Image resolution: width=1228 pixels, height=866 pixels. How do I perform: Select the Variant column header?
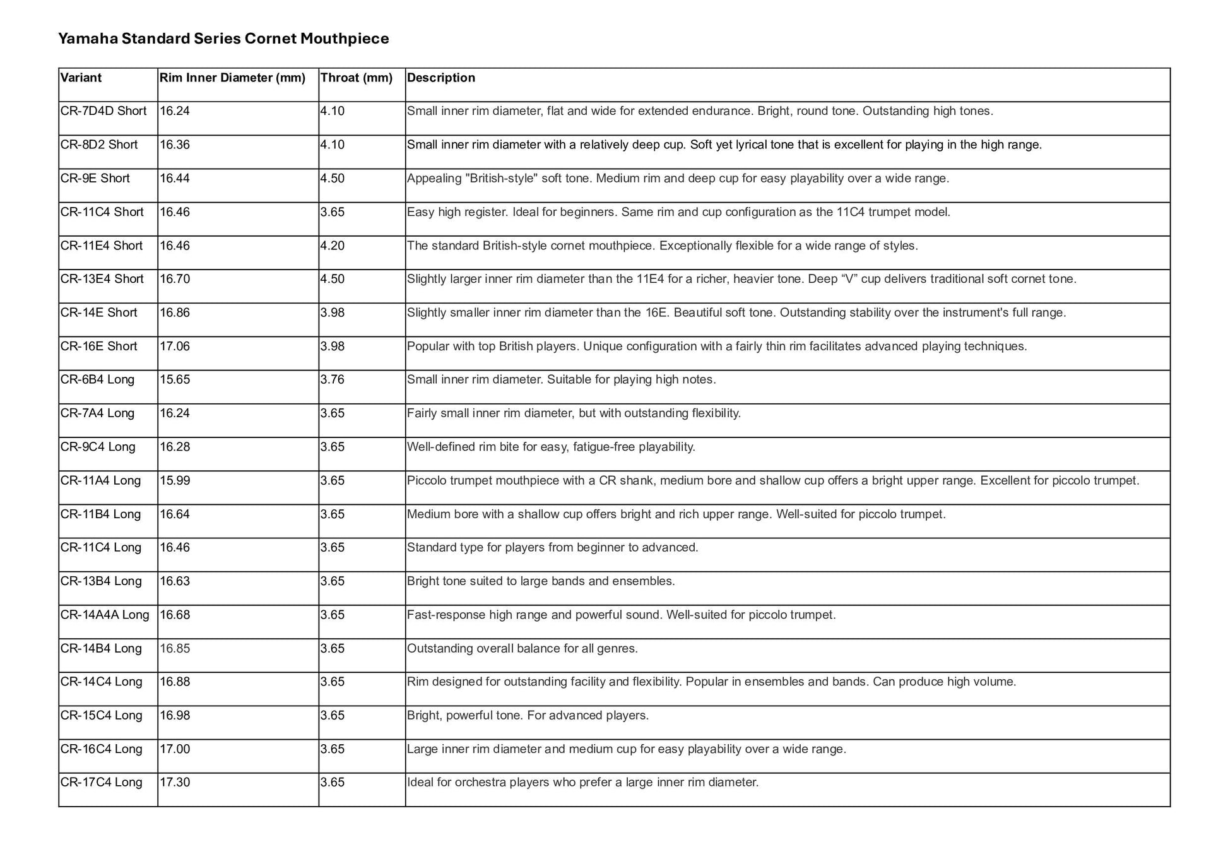point(81,78)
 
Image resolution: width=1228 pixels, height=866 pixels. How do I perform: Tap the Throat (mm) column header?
point(356,78)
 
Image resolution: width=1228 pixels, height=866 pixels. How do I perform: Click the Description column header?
point(440,78)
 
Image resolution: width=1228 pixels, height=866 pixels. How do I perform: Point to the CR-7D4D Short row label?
point(103,111)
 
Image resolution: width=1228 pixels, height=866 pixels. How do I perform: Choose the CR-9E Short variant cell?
point(95,179)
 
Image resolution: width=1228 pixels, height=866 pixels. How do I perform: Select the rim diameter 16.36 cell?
point(175,145)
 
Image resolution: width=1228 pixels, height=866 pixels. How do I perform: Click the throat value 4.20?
point(333,246)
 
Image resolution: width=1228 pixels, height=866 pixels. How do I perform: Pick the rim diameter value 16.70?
point(175,279)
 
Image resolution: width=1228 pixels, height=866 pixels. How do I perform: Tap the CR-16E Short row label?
point(99,347)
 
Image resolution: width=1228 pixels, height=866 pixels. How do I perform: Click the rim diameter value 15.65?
point(175,380)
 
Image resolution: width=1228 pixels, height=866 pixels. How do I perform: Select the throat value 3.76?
point(333,380)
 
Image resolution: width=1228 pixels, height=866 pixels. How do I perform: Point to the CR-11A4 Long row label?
point(101,481)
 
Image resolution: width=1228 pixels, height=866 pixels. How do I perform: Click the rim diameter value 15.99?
point(175,481)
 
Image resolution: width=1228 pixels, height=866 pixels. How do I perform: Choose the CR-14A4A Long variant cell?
point(105,615)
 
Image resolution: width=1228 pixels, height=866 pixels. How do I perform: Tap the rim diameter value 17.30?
point(175,783)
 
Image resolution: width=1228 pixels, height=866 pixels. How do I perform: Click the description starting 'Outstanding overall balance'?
point(522,649)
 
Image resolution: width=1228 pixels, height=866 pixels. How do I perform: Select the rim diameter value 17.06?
point(175,347)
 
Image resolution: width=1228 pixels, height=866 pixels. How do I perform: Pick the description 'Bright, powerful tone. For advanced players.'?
point(528,716)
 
